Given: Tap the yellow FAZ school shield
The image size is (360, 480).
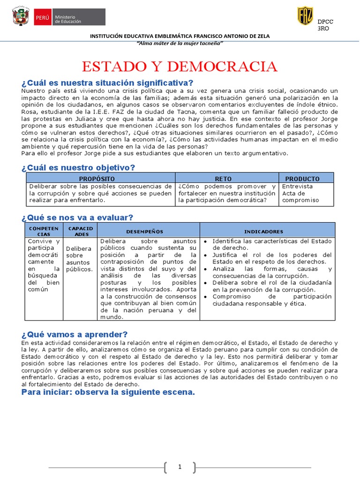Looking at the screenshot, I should coord(305,16).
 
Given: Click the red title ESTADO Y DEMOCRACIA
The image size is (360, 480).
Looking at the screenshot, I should coord(180,66).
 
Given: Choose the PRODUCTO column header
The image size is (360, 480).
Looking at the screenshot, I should coord(302,179).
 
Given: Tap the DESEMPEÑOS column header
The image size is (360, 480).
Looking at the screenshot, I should coord(144,232).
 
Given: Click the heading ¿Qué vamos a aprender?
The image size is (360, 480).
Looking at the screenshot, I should coord(75,334).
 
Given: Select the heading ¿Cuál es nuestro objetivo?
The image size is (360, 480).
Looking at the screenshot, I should coord(78,167).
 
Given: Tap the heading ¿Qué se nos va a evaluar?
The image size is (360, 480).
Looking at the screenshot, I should coord(77,217).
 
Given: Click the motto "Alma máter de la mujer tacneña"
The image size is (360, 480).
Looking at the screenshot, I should coord(180,43).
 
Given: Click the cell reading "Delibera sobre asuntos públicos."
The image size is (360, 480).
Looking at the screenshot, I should coord(79,259).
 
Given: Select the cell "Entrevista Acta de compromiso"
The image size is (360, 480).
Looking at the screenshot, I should coord(300,193).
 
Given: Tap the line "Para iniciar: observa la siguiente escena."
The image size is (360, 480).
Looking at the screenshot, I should coord(108,392).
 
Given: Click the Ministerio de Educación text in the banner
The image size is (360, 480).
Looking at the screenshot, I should coord(68,19).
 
